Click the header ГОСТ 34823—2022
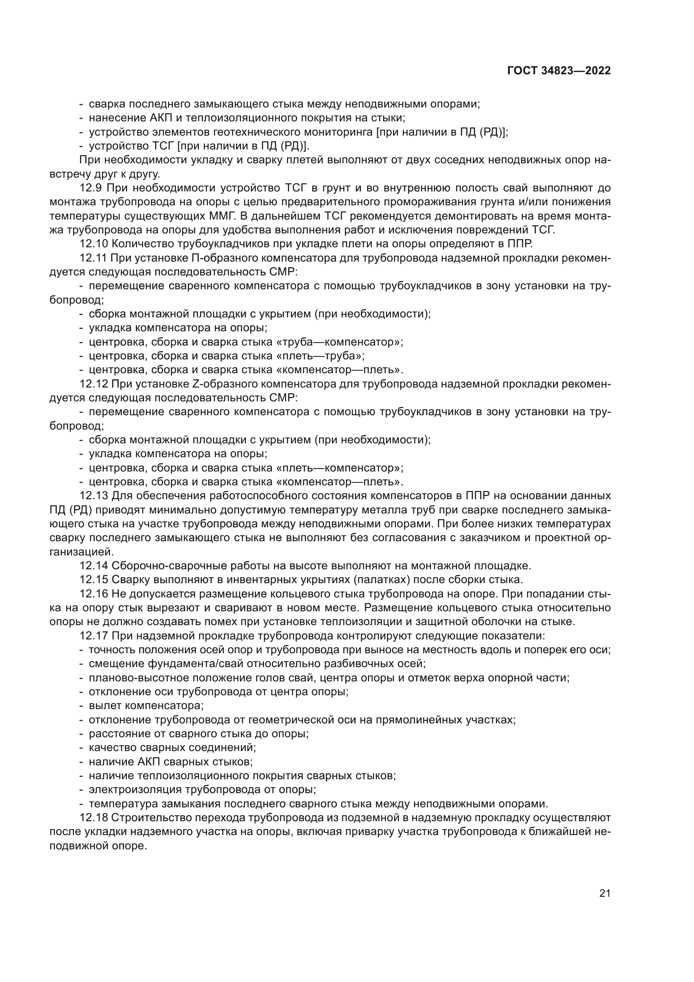point(558,71)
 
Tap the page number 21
point(605,893)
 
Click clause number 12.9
point(91,188)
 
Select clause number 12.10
point(94,244)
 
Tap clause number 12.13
point(94,496)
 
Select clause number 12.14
point(94,566)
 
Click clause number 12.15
point(94,579)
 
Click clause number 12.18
point(94,818)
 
